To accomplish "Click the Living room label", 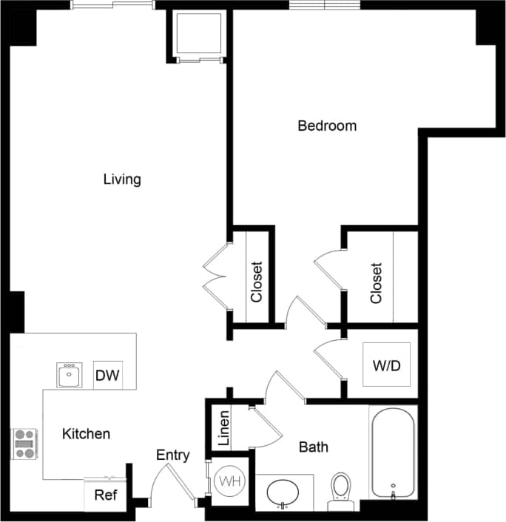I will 122,179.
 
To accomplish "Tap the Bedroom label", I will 327,126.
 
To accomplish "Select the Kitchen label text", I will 86,434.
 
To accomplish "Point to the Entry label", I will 172,455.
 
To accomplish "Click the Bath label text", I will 313,447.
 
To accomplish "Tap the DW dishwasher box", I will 107,376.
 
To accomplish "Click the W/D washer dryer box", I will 386,366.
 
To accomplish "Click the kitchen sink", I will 70,376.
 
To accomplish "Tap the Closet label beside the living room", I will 257,282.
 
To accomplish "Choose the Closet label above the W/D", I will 377,282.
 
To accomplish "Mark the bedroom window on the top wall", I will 324,5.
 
